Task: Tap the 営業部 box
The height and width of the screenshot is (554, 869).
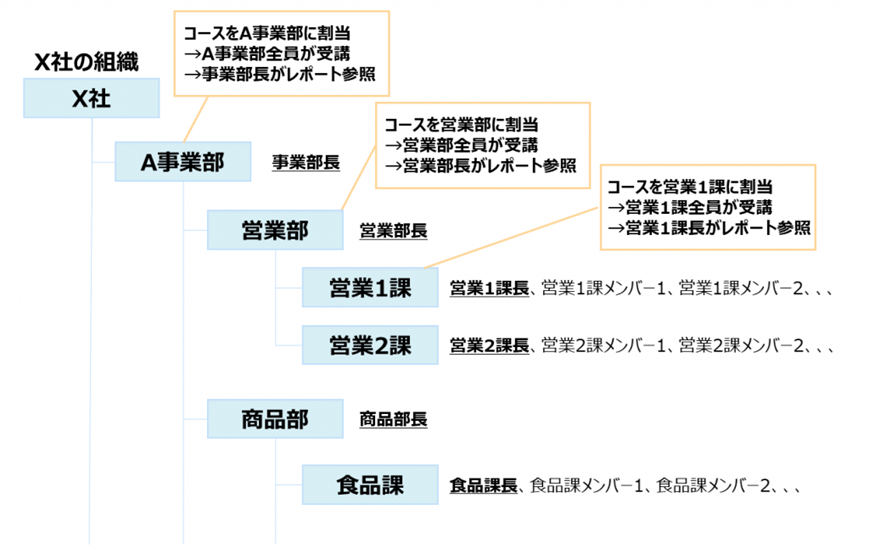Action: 274,230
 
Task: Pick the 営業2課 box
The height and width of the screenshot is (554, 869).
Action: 369,346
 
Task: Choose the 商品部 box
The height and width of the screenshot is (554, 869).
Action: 274,418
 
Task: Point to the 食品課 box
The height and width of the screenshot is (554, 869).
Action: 369,486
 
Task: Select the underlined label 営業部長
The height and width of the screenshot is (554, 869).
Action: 393,231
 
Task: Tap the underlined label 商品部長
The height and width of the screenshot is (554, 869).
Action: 393,419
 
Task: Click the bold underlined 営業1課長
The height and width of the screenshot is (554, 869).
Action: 489,290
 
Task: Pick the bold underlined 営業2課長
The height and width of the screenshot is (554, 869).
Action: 489,347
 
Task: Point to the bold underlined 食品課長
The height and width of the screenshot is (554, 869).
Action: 483,487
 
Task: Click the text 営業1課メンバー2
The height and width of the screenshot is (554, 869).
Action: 742,290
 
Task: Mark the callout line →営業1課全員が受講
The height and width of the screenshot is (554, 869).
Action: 689,207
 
